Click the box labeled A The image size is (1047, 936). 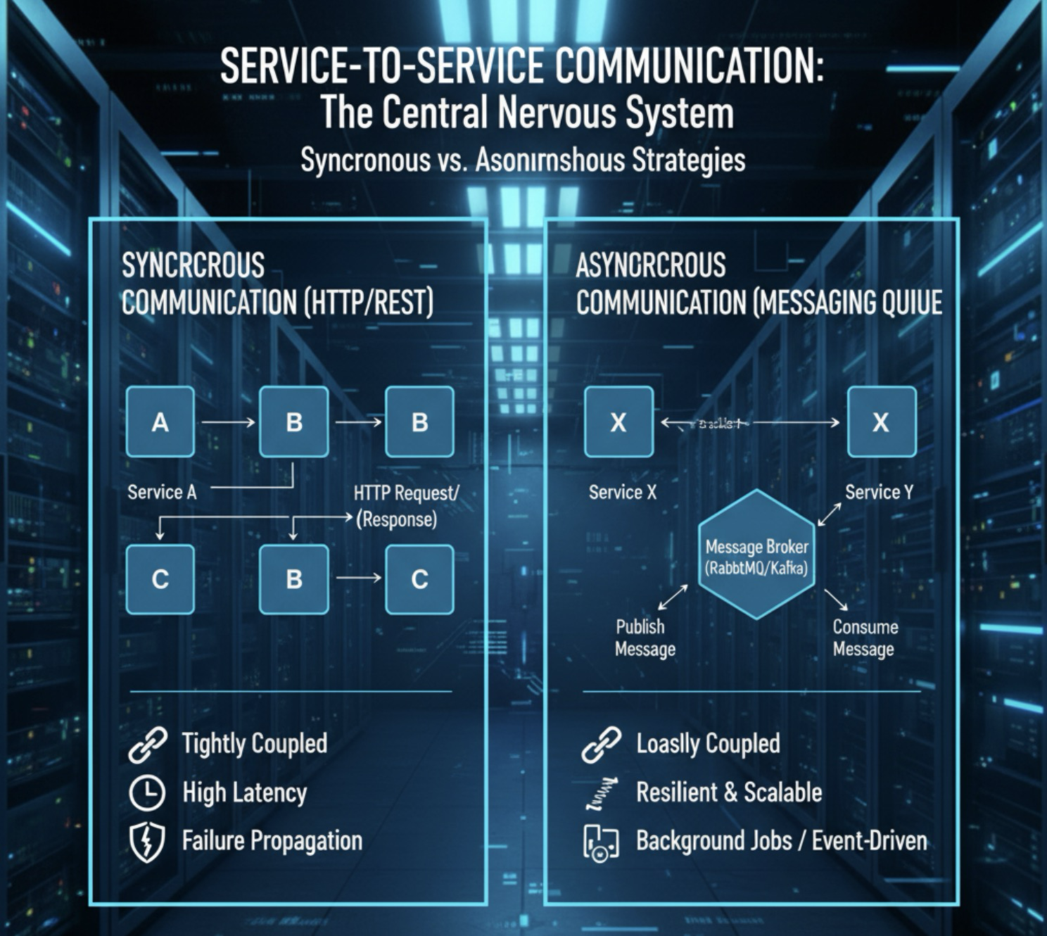tap(160, 422)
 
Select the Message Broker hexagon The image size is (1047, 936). tap(756, 555)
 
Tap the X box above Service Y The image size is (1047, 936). tap(881, 422)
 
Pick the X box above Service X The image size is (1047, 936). tap(618, 422)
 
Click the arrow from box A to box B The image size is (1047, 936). tap(227, 422)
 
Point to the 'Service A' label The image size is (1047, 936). tap(162, 493)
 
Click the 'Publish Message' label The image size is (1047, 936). tap(645, 638)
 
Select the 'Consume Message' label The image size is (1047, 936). tap(865, 638)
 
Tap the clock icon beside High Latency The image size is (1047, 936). tap(147, 793)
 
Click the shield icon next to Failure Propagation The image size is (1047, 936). tap(147, 842)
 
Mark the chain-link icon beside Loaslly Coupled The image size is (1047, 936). tap(602, 745)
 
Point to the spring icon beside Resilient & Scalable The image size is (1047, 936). tap(602, 793)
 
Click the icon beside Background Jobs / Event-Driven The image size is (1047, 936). tap(601, 842)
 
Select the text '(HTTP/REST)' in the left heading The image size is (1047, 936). tap(369, 303)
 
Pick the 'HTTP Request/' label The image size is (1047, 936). tap(406, 493)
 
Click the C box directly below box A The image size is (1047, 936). tap(160, 579)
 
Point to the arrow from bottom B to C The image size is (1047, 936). tap(358, 578)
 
